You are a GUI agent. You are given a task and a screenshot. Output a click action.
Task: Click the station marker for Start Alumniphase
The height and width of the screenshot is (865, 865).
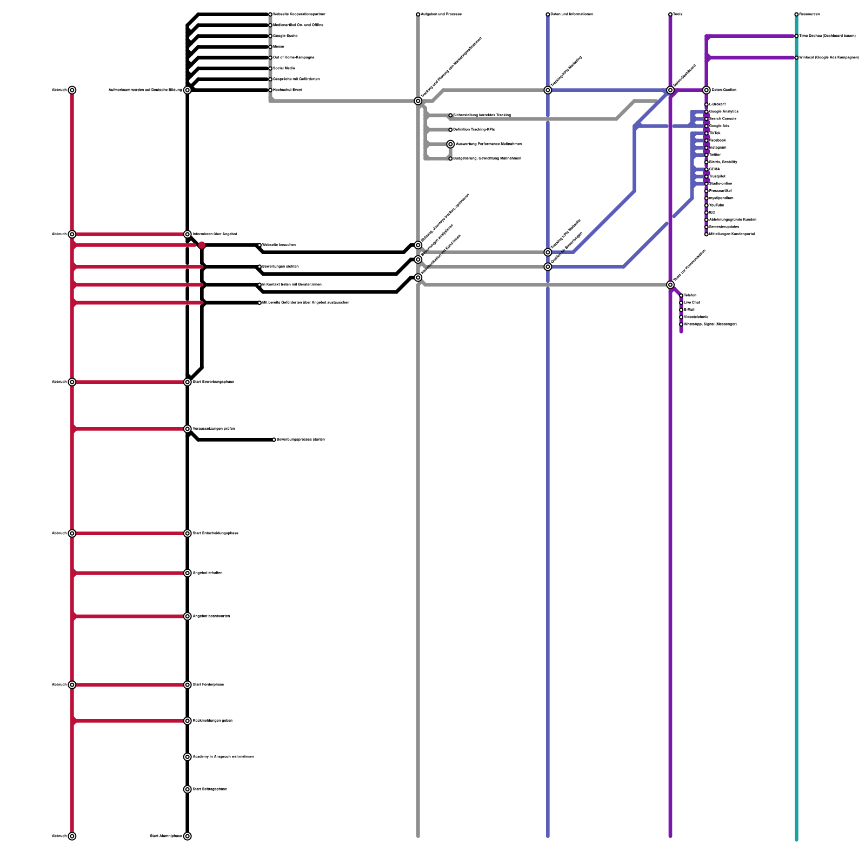tap(188, 836)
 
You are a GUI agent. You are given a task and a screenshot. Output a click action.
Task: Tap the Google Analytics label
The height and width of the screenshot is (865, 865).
tap(724, 111)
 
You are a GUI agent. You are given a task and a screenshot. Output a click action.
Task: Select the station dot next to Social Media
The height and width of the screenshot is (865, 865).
tap(270, 69)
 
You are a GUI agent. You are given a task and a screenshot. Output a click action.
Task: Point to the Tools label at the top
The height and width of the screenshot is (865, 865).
tap(678, 14)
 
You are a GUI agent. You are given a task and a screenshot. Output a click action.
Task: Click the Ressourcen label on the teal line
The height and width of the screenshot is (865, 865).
tap(809, 14)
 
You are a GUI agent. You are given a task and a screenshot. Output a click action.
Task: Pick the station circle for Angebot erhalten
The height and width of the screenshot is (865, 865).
tap(188, 573)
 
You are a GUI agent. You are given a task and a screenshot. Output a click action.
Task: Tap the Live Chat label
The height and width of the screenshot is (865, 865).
tap(692, 303)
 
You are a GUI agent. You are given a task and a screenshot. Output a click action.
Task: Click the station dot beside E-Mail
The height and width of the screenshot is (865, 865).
tap(681, 310)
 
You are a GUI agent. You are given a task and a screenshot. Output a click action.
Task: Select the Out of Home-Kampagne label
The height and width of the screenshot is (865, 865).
tap(294, 57)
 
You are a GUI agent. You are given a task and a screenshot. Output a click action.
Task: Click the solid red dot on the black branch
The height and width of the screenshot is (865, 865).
tap(202, 245)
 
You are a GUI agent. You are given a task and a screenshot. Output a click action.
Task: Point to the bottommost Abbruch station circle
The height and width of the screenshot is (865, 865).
tap(72, 836)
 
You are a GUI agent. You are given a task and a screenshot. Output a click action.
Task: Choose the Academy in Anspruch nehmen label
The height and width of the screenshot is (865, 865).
tap(223, 757)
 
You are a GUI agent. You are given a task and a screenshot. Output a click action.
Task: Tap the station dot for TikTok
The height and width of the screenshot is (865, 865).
tap(707, 133)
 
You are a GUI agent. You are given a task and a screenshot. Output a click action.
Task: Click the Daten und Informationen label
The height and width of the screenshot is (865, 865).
tap(572, 14)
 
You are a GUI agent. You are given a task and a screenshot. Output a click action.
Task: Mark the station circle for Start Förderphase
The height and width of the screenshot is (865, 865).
tap(188, 685)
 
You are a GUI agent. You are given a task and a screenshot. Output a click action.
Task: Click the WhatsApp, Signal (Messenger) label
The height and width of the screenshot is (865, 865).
tap(710, 324)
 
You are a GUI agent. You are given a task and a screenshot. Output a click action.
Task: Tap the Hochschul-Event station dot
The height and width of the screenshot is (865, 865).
tap(270, 90)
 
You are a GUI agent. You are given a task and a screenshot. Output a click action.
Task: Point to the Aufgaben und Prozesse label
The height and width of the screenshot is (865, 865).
tap(441, 14)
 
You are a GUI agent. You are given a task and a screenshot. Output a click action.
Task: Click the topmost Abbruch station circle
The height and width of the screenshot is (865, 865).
tap(72, 90)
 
